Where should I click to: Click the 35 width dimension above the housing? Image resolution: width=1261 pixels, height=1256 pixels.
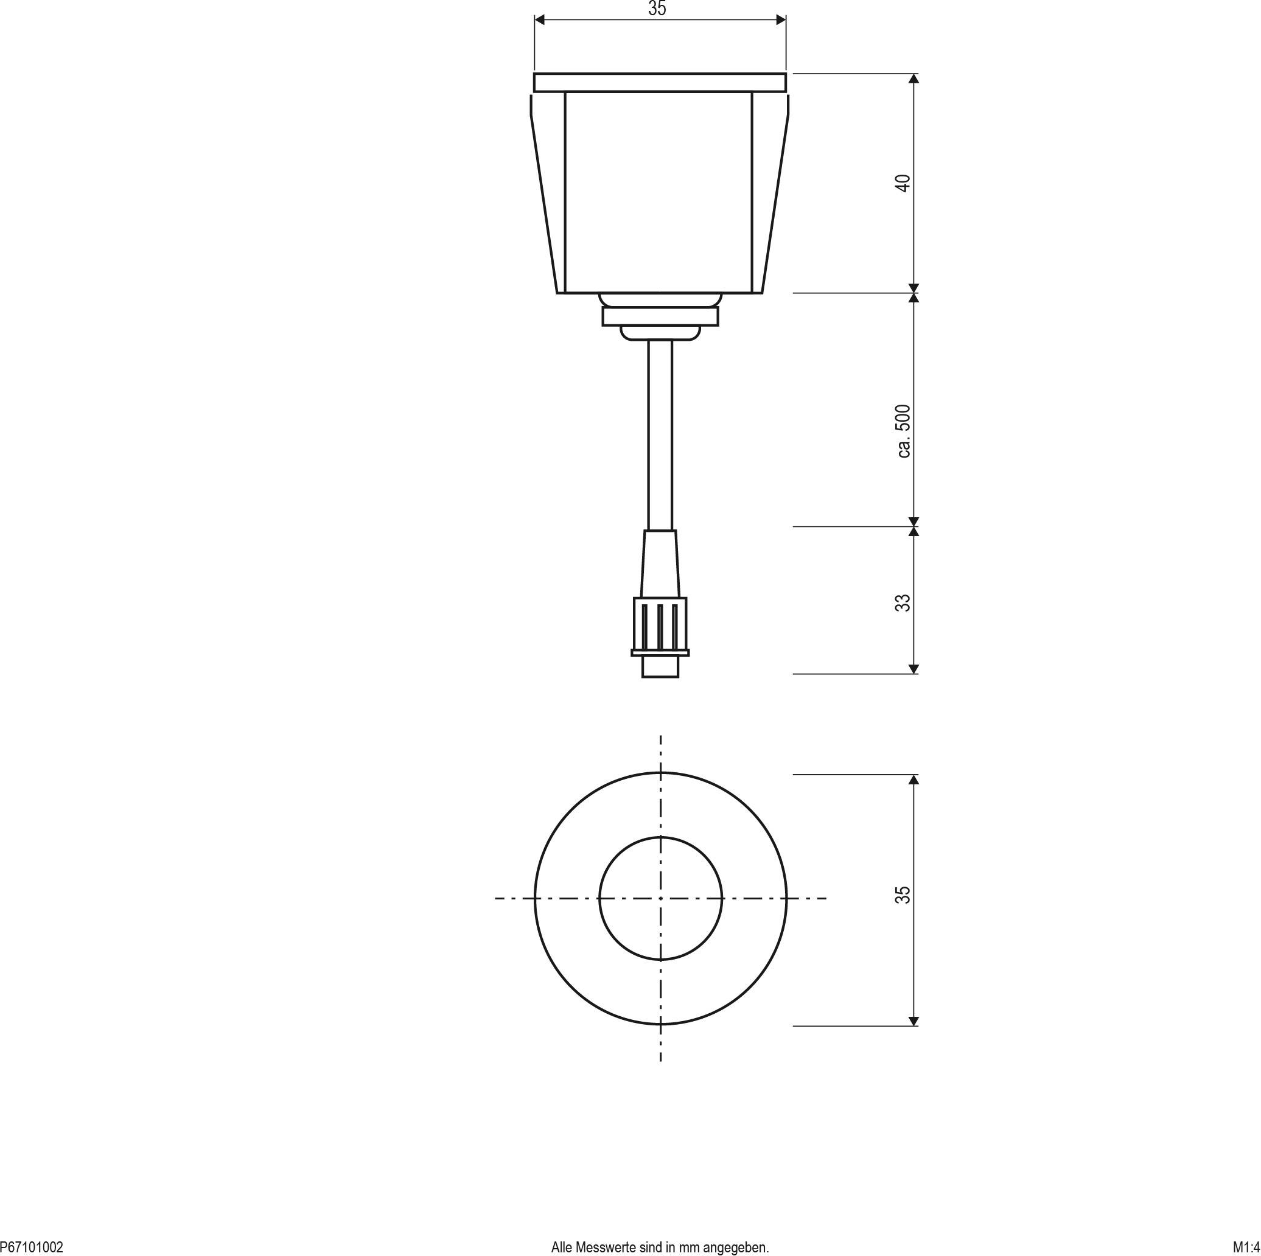[x=657, y=9]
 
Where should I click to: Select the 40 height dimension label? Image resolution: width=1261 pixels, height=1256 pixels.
[x=903, y=183]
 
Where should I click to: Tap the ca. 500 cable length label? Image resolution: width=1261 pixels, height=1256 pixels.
[x=903, y=431]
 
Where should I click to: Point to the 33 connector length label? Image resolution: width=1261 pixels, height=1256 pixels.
[x=903, y=602]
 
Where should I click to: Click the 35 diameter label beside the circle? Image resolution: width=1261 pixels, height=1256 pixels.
[x=903, y=894]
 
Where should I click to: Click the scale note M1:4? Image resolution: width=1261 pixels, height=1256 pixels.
[x=1246, y=1247]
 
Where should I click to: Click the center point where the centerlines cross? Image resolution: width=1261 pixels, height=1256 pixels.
[x=660, y=898]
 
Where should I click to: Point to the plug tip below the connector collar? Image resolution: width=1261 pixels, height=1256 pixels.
[x=660, y=667]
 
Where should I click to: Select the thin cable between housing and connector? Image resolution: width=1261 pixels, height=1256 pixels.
[x=660, y=431]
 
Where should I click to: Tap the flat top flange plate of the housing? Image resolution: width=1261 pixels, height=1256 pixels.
[x=660, y=82]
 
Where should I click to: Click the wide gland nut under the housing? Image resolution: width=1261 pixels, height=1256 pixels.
[x=660, y=317]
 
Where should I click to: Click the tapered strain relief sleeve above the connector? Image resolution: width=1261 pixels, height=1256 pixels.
[x=660, y=563]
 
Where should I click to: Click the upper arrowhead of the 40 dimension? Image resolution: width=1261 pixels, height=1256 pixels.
[x=913, y=78]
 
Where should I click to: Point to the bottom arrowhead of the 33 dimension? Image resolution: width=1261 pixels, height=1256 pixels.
[x=913, y=669]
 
